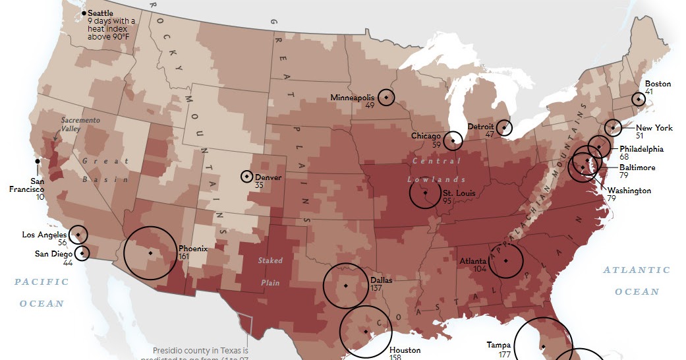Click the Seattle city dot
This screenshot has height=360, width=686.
(84, 13)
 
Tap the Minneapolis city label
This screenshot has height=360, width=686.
(352, 98)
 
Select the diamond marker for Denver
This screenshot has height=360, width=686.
(246, 176)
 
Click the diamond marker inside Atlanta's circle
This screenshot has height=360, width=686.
(505, 261)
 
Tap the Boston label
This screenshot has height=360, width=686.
(657, 84)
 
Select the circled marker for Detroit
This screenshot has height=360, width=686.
(504, 127)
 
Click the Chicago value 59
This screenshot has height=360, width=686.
(436, 143)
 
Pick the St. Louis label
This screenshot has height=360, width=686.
(455, 193)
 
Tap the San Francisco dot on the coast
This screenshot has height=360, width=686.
(38, 160)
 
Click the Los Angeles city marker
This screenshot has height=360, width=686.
(78, 234)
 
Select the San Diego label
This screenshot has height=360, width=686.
(53, 253)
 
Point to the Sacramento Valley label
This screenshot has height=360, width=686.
(80, 125)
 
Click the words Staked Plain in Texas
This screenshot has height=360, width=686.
(270, 272)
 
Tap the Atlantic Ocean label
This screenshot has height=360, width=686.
(637, 280)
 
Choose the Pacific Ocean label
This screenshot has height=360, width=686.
(42, 292)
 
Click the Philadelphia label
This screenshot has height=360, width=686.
(641, 149)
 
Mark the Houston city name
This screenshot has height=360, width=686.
(405, 351)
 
